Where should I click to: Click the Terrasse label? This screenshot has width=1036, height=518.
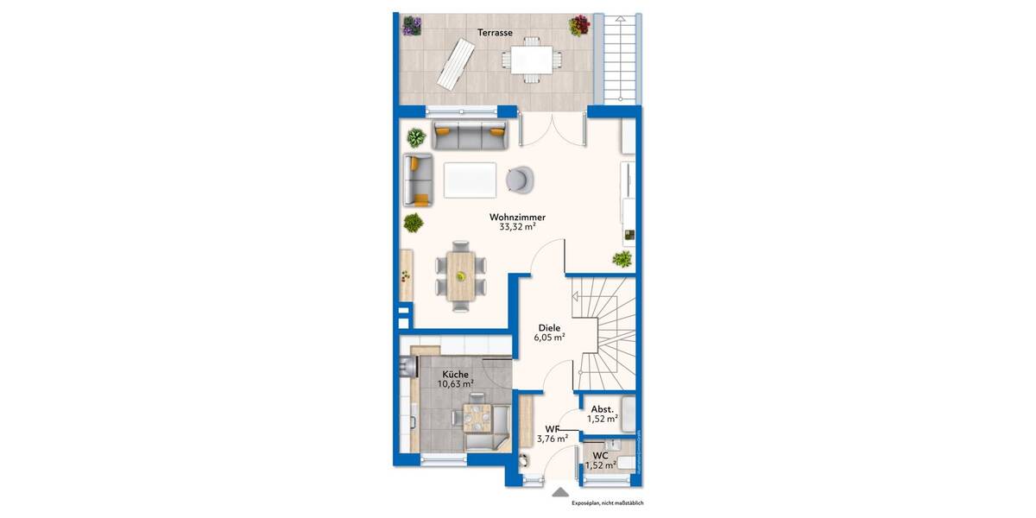(x=496, y=33)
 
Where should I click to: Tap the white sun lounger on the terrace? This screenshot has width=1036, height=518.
(x=455, y=64)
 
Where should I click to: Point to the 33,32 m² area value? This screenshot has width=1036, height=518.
(x=517, y=228)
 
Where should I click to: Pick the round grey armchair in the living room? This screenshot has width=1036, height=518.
(x=520, y=178)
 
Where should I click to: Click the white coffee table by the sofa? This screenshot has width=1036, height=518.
(x=470, y=180)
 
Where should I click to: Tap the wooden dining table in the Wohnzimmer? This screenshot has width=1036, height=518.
(x=460, y=275)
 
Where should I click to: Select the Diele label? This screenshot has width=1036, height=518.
(x=550, y=328)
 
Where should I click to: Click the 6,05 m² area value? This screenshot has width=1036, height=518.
(x=550, y=339)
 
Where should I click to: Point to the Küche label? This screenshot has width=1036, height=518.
(x=455, y=373)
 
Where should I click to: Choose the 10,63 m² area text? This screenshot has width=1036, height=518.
(x=455, y=384)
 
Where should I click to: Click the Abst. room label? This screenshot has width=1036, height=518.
(x=602, y=409)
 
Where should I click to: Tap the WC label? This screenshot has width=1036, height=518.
(x=600, y=454)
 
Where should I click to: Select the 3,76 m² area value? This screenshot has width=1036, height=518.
(x=551, y=439)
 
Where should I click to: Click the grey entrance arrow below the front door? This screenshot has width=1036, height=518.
(x=560, y=493)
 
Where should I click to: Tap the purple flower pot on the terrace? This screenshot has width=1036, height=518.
(x=412, y=26)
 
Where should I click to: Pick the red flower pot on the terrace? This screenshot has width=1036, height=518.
(x=578, y=26)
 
